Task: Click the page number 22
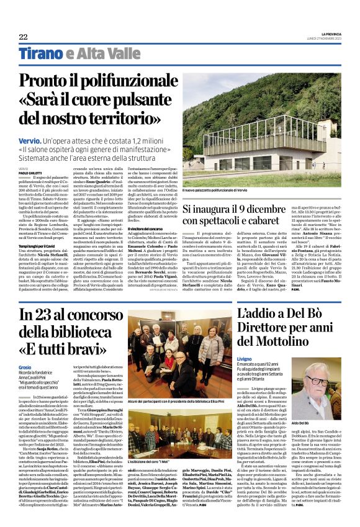(23, 37)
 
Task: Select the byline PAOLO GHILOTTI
(32, 173)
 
